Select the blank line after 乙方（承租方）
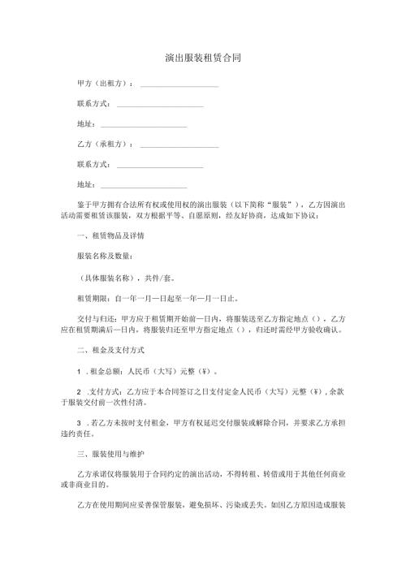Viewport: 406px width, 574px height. [x=179, y=145]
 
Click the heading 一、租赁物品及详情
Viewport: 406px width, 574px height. [x=110, y=235]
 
